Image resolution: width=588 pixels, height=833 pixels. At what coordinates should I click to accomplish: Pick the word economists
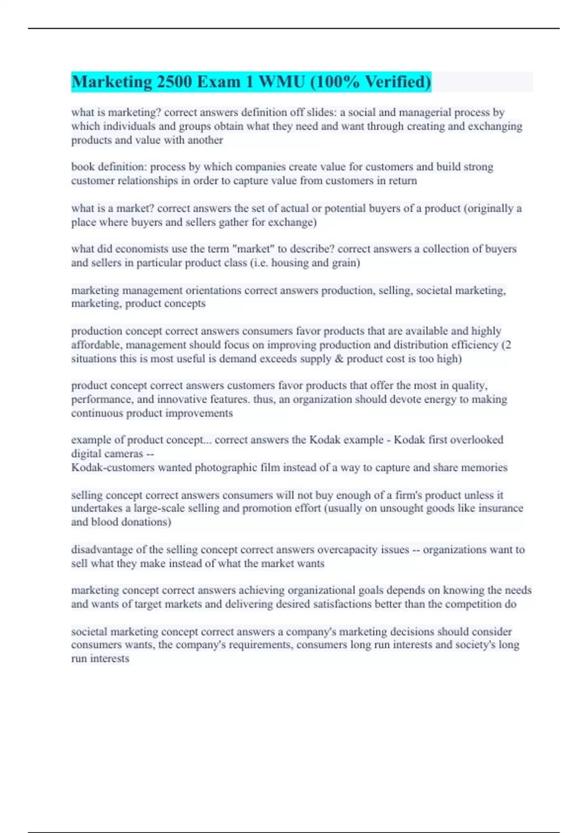(x=142, y=249)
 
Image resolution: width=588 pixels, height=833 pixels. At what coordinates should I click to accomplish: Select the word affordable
(x=94, y=345)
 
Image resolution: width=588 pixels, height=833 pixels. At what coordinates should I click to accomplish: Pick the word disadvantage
(x=101, y=550)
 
